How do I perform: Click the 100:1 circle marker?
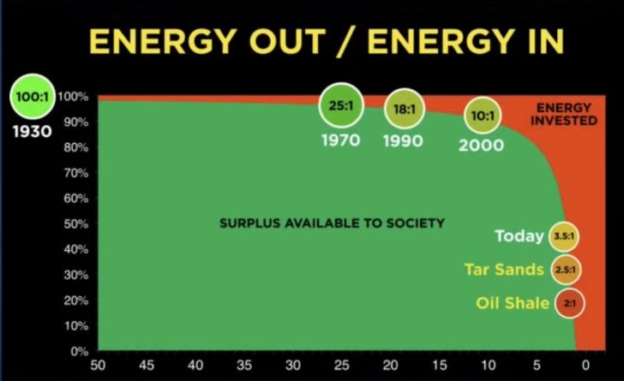point(33,97)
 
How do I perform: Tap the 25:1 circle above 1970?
point(341,105)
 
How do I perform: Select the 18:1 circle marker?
point(405,109)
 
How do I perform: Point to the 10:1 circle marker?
point(483,116)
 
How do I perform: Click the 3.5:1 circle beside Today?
point(564,236)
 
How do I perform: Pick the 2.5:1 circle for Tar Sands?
point(566,270)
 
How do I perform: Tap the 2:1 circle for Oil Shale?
point(569,303)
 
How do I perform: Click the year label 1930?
point(33,131)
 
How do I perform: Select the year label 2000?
point(481,146)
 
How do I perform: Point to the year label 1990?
point(403,140)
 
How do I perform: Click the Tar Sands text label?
point(504,270)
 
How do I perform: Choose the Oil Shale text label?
point(513,303)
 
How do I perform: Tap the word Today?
point(519,236)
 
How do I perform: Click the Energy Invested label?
point(564,114)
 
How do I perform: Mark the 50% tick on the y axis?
point(76,224)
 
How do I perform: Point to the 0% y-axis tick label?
point(79,352)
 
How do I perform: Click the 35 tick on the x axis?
point(244,365)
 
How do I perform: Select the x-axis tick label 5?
point(537,365)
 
